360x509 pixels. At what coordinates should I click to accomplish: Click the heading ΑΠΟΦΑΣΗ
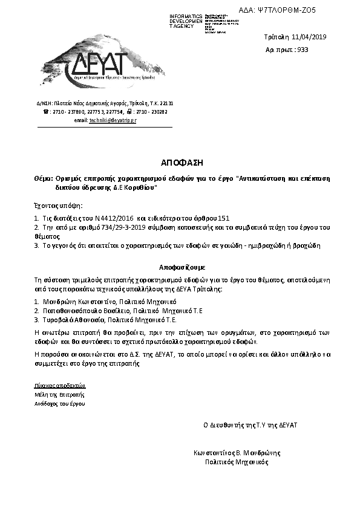180,163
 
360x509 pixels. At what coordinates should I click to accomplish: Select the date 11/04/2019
309,37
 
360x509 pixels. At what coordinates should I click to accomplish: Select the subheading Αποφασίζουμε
180,266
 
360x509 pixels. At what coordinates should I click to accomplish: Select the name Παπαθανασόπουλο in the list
68,310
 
